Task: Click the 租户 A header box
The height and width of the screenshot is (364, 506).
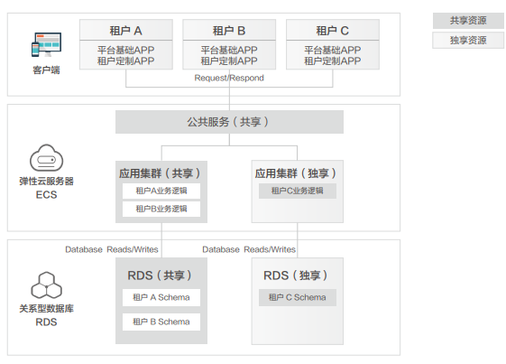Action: tap(126, 30)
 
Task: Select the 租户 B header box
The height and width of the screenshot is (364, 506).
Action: tap(229, 30)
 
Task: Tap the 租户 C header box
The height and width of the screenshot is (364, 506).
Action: tap(333, 30)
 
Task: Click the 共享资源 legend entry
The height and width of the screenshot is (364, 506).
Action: tap(468, 21)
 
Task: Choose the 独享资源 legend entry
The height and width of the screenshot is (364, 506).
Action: tap(468, 41)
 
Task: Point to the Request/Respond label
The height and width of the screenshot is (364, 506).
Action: tap(229, 78)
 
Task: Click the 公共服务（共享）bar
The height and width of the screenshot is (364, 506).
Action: tap(229, 122)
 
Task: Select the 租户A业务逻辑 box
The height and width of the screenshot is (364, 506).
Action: tap(161, 191)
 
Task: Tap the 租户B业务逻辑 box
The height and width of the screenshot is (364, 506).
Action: tap(161, 209)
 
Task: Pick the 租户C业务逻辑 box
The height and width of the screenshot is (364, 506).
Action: tap(298, 191)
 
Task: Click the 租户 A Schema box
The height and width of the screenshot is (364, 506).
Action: tap(161, 297)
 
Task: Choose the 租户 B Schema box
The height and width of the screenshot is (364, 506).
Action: tap(161, 322)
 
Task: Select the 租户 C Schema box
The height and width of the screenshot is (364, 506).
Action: tap(298, 297)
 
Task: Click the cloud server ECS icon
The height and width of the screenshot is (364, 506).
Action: tap(47, 158)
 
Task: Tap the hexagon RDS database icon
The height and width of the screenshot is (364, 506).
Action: tap(47, 285)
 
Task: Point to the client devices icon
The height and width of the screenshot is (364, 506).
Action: tap(47, 44)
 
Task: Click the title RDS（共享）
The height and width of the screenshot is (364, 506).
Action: tap(160, 275)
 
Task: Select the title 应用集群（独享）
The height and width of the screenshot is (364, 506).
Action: tap(296, 173)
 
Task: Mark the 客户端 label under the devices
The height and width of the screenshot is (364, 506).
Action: tap(47, 70)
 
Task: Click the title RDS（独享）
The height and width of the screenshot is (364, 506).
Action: tap(296, 275)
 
